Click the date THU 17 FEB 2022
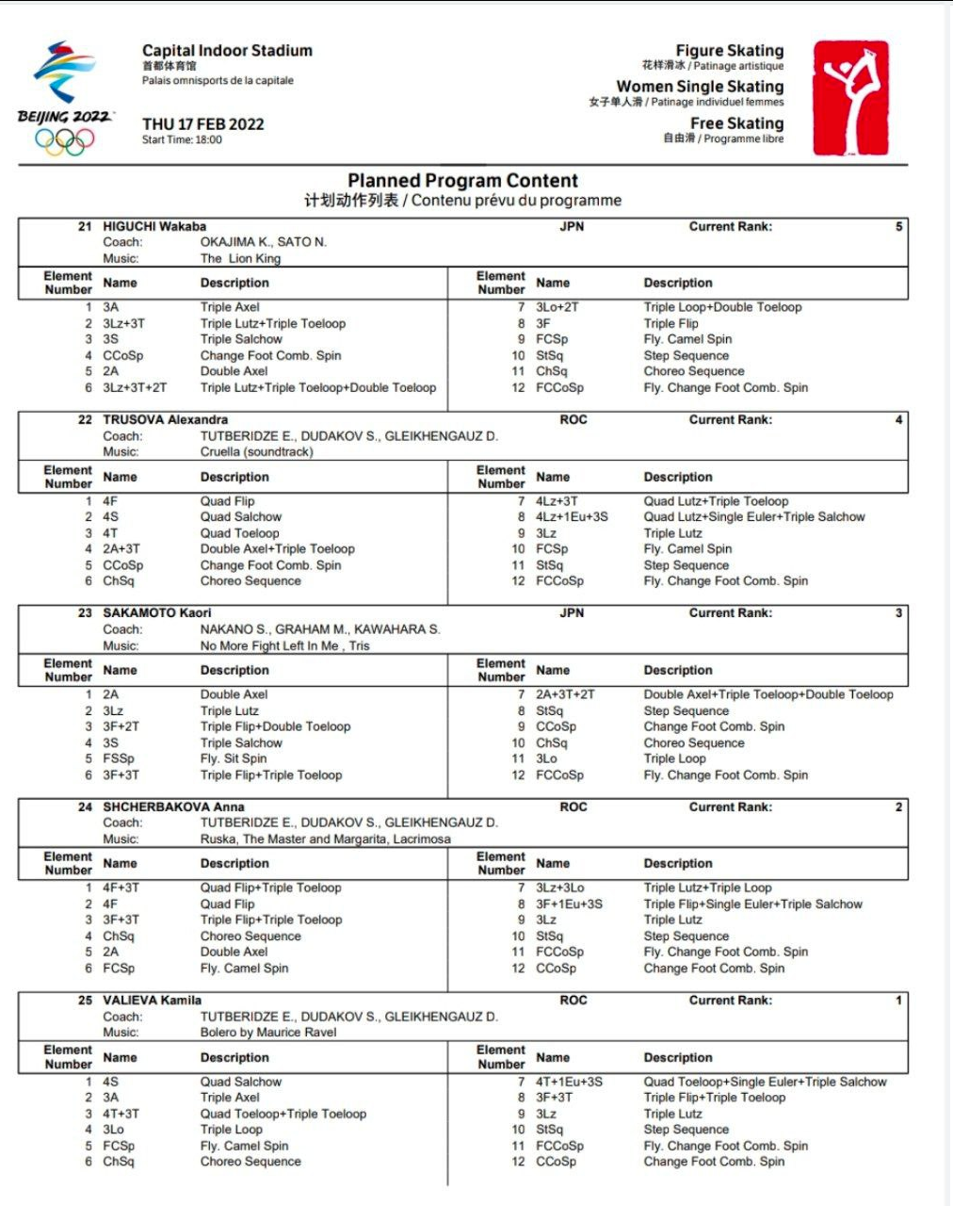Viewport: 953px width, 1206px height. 202,124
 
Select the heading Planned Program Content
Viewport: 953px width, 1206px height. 462,181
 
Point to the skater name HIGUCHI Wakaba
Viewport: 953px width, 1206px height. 153,226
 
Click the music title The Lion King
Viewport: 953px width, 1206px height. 240,258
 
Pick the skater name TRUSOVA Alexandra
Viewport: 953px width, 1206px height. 165,419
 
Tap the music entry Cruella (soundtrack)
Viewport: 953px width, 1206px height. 256,451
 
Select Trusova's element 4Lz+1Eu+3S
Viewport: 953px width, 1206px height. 572,516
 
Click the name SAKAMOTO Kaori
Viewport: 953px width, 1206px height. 156,612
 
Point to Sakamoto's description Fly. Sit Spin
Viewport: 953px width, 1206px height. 233,758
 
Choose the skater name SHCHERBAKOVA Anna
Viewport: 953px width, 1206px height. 173,807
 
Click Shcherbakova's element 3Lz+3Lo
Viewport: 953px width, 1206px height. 559,888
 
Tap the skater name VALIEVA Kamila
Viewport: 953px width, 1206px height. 152,1000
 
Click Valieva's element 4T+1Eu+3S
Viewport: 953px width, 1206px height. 569,1082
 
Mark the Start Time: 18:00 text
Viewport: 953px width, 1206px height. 182,140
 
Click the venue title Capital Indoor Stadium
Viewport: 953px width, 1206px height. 227,51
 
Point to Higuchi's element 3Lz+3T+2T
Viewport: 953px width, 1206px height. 135,387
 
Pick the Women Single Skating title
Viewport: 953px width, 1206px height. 700,87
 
